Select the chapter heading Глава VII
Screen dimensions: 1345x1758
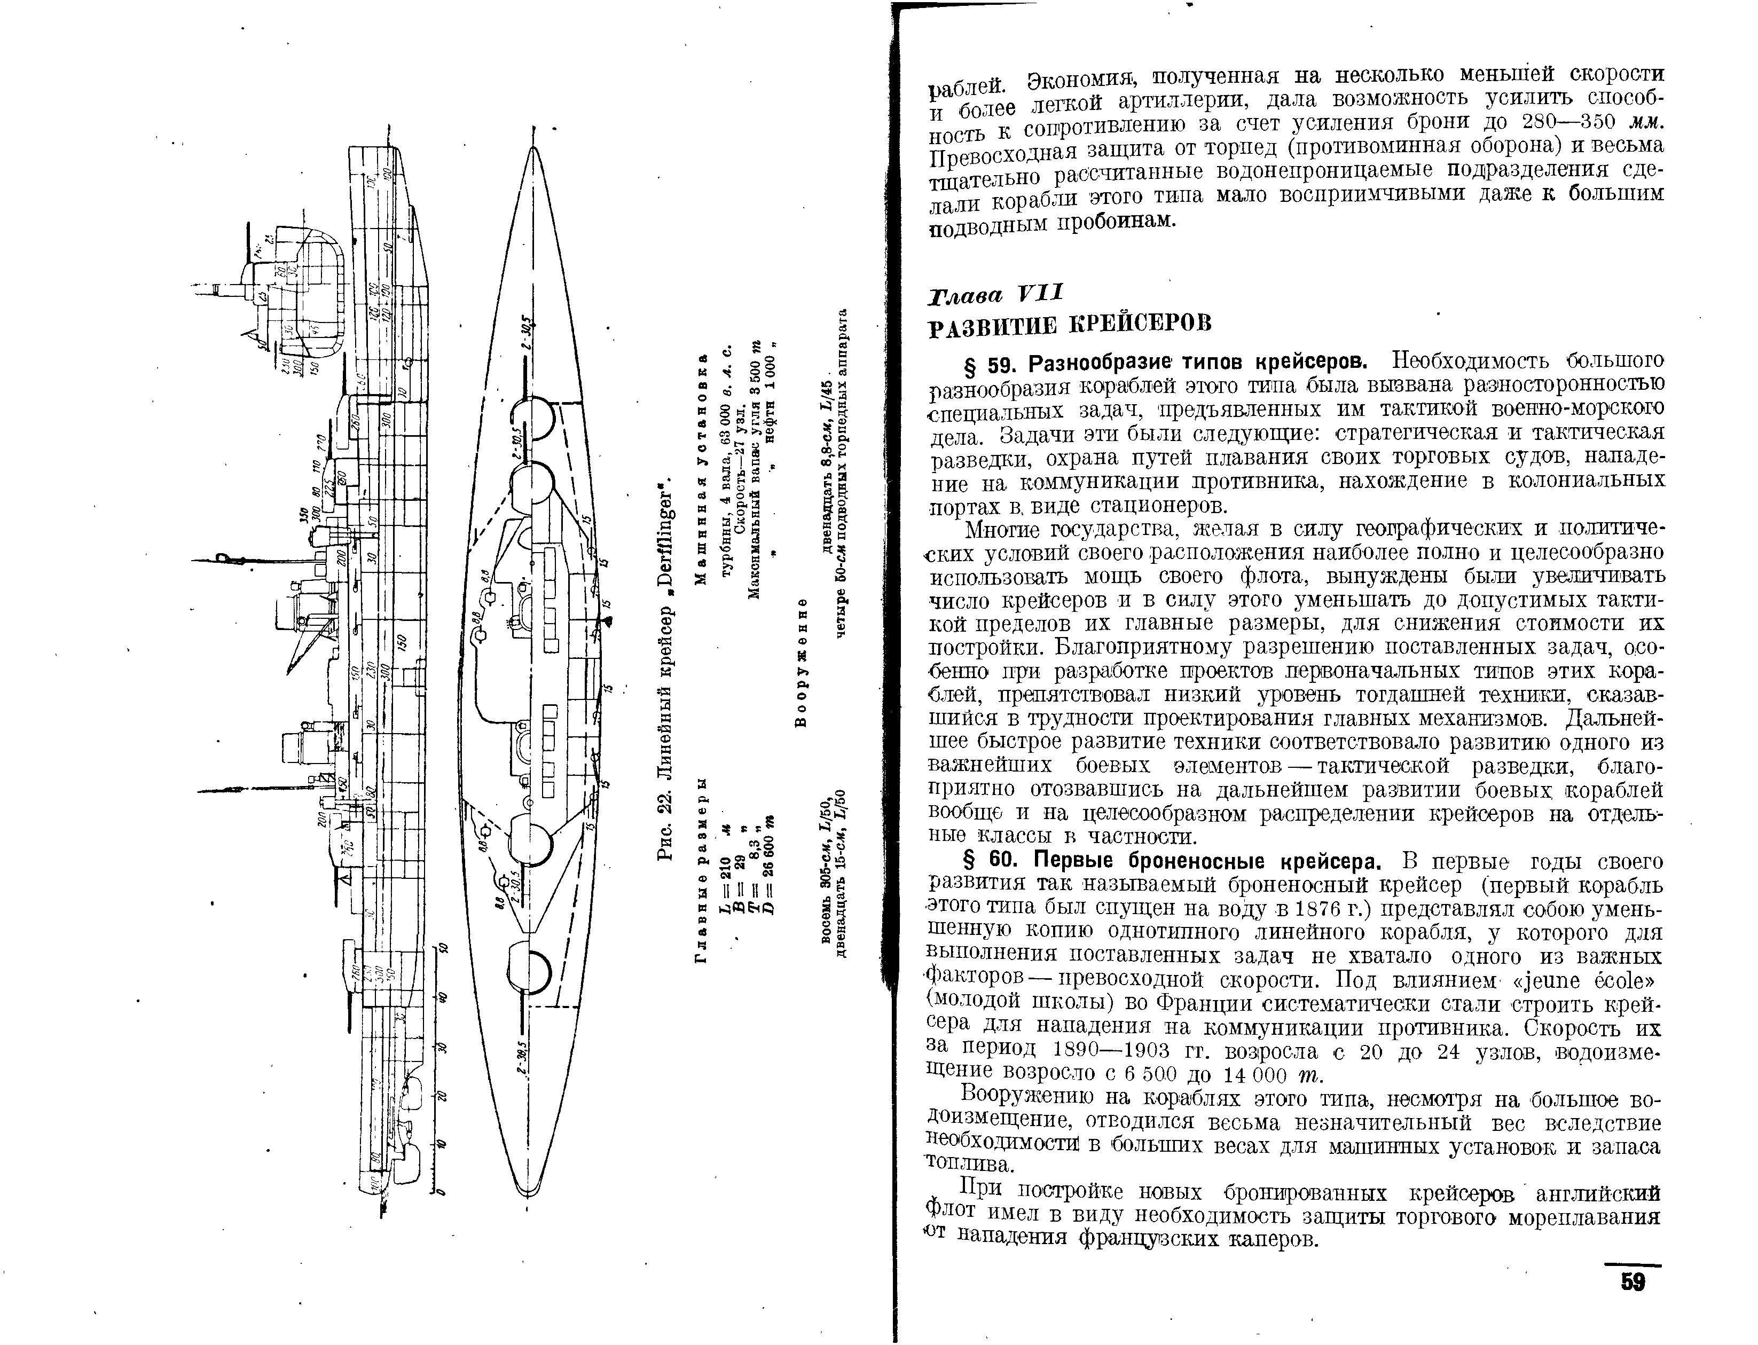coord(994,294)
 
